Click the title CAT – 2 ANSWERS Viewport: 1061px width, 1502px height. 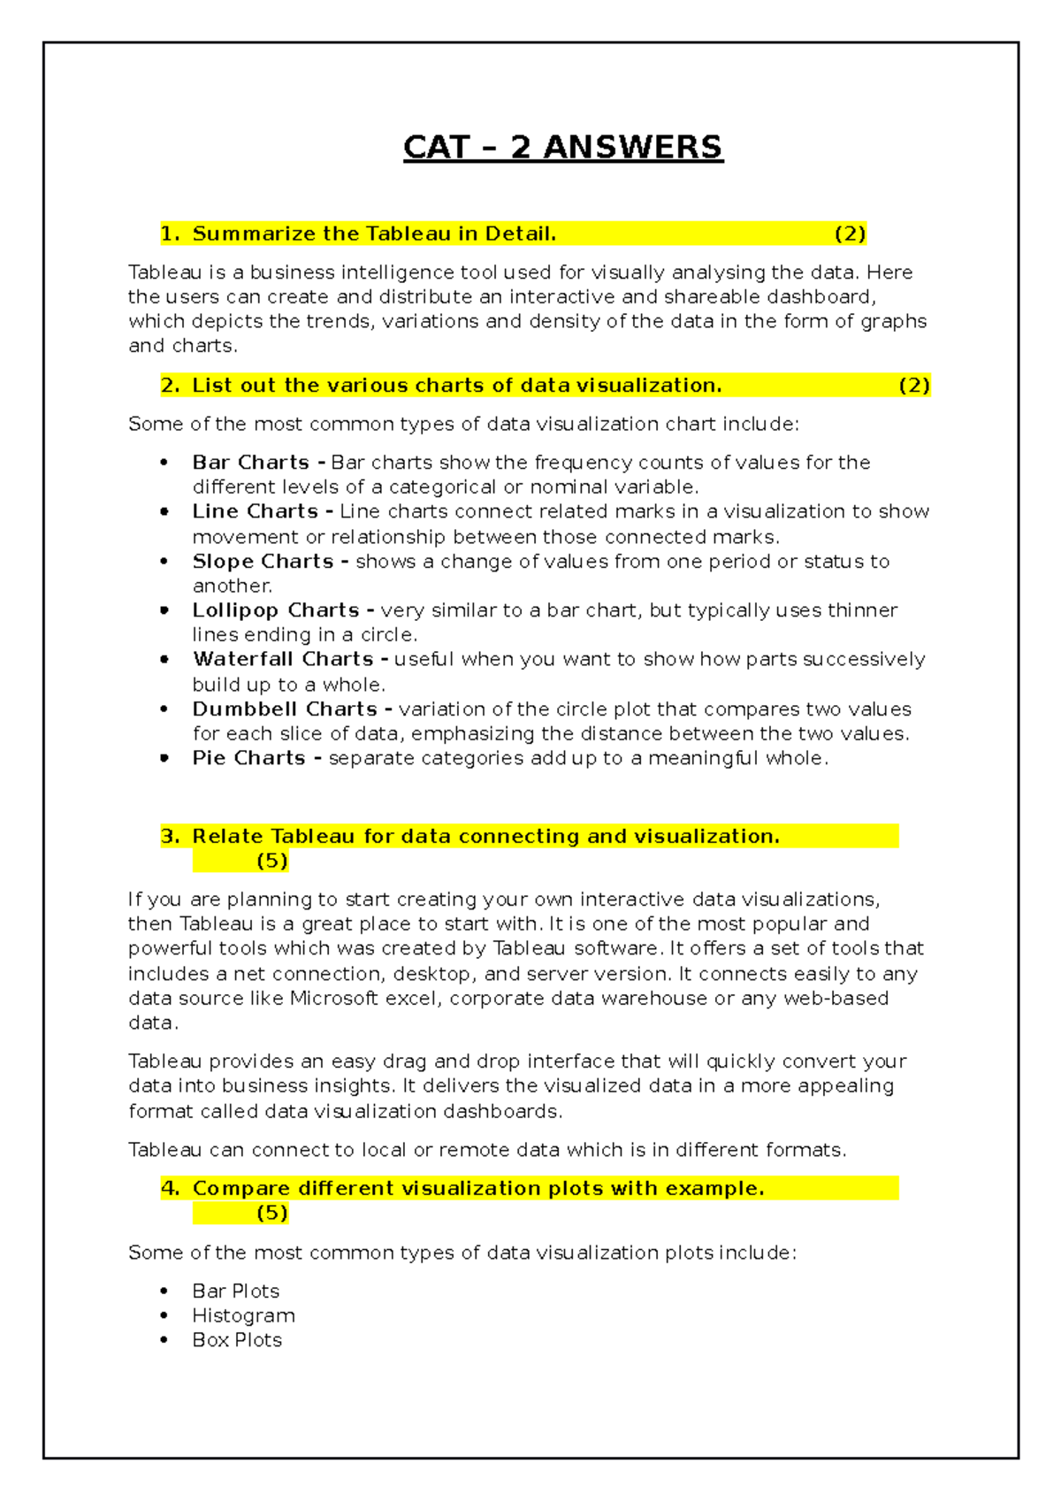tap(563, 147)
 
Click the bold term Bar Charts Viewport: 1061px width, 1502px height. tap(251, 463)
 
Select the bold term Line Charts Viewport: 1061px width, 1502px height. tap(256, 511)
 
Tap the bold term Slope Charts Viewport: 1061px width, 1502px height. tap(263, 562)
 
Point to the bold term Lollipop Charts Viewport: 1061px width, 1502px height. tap(276, 610)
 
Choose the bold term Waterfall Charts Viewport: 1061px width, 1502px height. tap(283, 659)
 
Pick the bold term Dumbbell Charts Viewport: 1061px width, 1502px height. tap(285, 709)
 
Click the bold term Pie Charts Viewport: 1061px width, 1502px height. tap(249, 758)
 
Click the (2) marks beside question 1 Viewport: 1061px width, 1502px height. tap(850, 234)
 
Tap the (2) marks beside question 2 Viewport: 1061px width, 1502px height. tap(914, 386)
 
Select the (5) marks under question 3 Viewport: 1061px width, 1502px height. tap(272, 861)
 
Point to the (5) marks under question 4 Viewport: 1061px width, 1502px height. tap(272, 1213)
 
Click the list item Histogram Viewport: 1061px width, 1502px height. tap(244, 1316)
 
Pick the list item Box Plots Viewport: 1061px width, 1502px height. tap(237, 1340)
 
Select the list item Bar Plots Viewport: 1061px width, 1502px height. tap(236, 1291)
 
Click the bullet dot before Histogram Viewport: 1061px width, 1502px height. tap(164, 1315)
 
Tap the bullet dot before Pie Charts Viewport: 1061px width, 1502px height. tap(164, 758)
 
